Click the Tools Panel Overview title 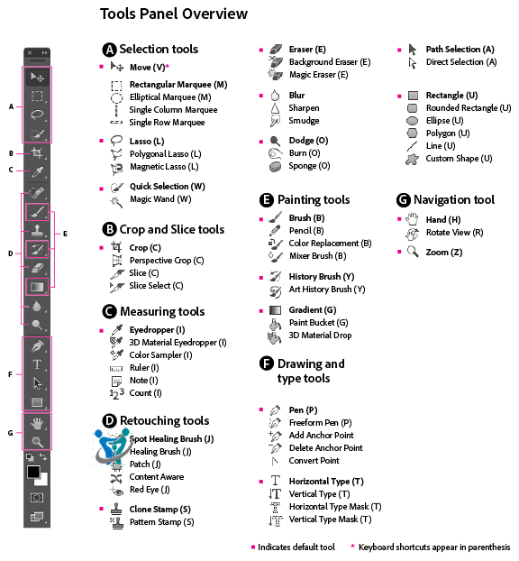(174, 14)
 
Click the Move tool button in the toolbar (37, 78)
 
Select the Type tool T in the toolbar (37, 364)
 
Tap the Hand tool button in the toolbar (37, 424)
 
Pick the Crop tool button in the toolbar (37, 152)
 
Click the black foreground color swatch (33, 472)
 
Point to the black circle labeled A (109, 50)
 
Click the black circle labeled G (403, 200)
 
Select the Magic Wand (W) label (160, 199)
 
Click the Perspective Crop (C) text (167, 261)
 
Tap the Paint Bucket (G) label (318, 323)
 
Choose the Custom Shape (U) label (459, 159)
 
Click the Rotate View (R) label (455, 233)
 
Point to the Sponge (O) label (309, 166)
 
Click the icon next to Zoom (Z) (413, 252)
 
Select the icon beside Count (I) (116, 393)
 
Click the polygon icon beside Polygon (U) (412, 133)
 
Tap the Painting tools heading (314, 200)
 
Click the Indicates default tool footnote (296, 547)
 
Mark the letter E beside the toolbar (65, 234)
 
